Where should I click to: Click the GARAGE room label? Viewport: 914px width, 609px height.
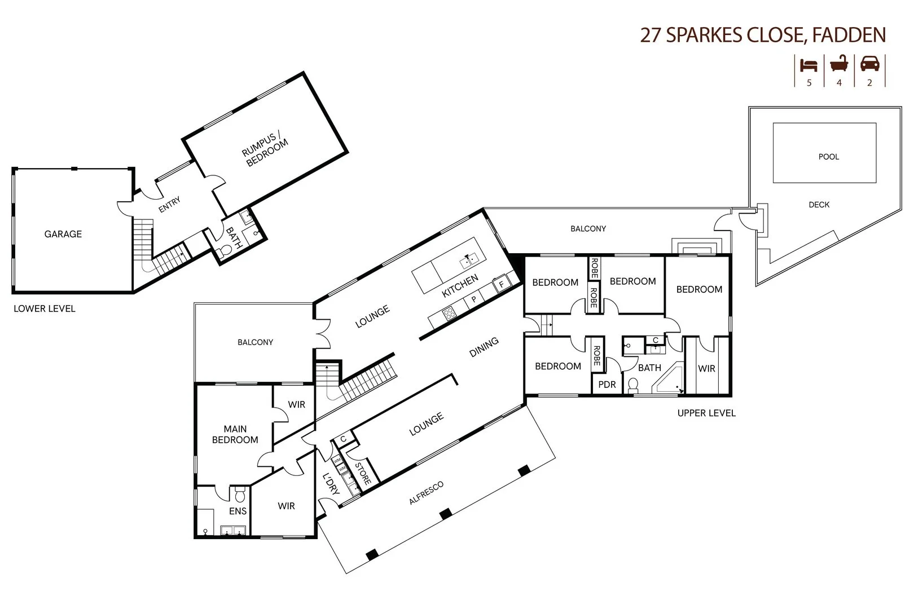click(x=63, y=234)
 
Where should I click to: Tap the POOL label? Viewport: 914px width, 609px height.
click(x=828, y=157)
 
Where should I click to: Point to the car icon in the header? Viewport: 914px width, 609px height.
click(x=869, y=64)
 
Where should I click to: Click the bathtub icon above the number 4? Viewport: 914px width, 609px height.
click(x=839, y=64)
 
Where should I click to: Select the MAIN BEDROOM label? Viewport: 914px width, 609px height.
click(x=235, y=435)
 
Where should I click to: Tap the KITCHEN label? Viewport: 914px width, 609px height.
click(x=460, y=286)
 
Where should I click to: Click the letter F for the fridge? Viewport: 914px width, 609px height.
click(x=501, y=285)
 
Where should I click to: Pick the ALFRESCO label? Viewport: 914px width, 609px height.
click(x=426, y=493)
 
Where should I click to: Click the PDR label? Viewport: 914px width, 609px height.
click(x=607, y=385)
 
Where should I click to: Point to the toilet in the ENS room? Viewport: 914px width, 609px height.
click(x=240, y=495)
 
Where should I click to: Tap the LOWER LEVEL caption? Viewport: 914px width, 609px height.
click(x=45, y=308)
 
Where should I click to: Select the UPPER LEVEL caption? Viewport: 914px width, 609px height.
click(x=706, y=413)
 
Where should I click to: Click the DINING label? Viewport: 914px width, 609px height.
click(x=484, y=347)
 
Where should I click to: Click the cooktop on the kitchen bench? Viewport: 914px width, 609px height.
click(x=449, y=313)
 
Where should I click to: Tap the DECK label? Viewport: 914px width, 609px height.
click(x=819, y=205)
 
